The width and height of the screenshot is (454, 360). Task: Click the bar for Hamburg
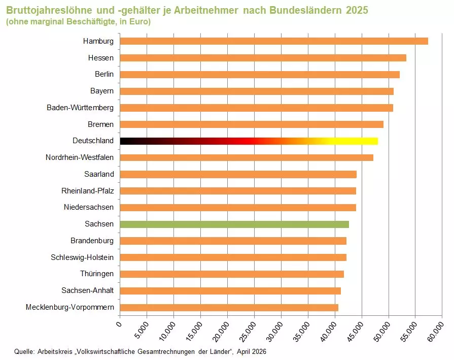pyautogui.click(x=274, y=41)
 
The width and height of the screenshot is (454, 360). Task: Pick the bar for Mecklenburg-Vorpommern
pyautogui.click(x=229, y=307)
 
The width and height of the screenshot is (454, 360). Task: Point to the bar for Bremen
pyautogui.click(x=252, y=124)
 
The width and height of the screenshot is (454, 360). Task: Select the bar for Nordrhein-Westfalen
pyautogui.click(x=247, y=157)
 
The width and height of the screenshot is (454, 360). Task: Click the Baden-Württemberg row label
pyautogui.click(x=80, y=108)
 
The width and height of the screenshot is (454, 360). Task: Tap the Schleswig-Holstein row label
pyautogui.click(x=82, y=257)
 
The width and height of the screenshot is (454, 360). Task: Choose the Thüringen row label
pyautogui.click(x=96, y=274)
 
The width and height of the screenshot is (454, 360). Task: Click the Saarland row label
pyautogui.click(x=99, y=174)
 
